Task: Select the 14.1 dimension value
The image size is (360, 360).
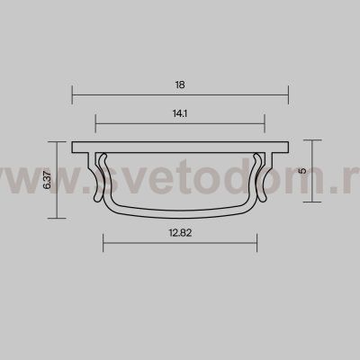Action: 180,113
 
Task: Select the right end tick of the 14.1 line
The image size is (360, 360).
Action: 265,123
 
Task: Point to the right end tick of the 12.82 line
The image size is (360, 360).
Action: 256,239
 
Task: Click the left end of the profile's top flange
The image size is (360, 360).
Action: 73,146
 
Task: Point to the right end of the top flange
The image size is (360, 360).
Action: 287,146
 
